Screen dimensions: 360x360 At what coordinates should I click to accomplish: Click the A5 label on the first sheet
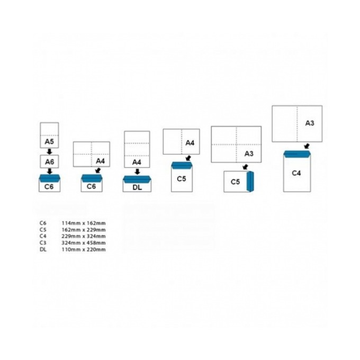(x=49, y=141)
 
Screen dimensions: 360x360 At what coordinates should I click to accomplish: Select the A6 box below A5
(x=49, y=161)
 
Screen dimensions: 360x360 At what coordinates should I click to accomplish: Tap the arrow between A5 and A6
(x=49, y=151)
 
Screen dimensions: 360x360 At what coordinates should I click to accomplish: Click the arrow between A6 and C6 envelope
(x=49, y=172)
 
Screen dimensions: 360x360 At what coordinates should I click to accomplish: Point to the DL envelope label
(x=137, y=187)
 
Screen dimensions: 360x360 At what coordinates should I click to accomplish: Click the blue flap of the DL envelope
(x=137, y=179)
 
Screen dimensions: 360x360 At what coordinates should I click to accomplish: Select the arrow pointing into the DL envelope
(x=137, y=172)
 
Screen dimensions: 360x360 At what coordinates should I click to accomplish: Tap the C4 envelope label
(x=296, y=173)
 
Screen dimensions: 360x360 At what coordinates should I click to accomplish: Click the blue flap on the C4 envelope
(x=297, y=154)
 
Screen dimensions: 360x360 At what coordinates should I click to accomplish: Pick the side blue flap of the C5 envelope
(x=250, y=182)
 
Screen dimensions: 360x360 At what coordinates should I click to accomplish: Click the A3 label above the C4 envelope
(x=310, y=123)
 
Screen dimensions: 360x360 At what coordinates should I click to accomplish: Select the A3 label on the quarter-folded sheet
(x=249, y=154)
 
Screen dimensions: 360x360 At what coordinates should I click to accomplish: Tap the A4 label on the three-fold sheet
(x=137, y=163)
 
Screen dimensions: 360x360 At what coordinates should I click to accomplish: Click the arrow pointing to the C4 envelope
(x=307, y=146)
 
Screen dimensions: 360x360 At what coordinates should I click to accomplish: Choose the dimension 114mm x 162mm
(x=84, y=223)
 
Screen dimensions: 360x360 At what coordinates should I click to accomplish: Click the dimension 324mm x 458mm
(x=84, y=242)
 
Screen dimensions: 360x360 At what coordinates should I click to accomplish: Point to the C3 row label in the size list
(x=43, y=242)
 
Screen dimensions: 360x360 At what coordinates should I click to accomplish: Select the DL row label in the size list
(x=43, y=249)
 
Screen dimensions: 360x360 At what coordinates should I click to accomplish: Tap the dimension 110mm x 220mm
(x=84, y=249)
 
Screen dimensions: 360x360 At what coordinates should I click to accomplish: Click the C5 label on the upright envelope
(x=182, y=178)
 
